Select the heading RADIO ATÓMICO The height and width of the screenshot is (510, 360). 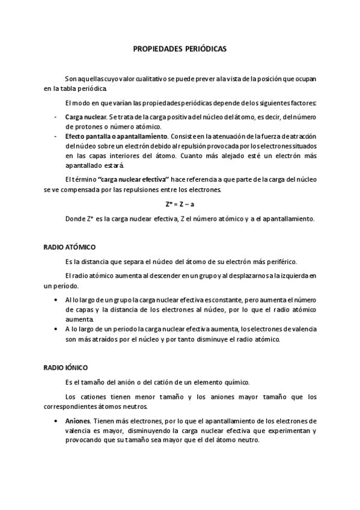click(x=70, y=247)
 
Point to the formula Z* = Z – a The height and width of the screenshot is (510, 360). click(x=180, y=204)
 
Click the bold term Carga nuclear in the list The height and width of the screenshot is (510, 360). click(x=85, y=116)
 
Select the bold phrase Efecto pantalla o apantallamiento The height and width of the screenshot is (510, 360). click(x=116, y=137)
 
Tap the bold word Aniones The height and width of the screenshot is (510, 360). click(x=78, y=420)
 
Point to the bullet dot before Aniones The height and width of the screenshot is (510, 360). click(x=56, y=420)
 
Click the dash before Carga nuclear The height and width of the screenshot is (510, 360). click(x=55, y=116)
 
